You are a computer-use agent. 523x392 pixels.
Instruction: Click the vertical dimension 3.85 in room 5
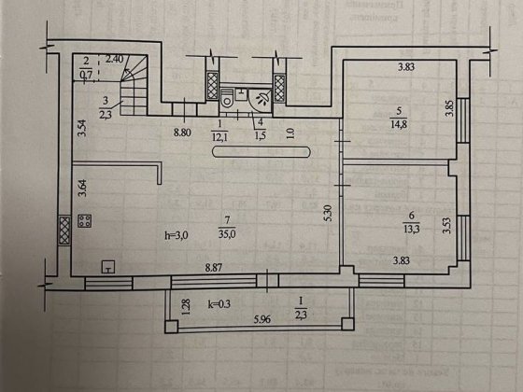[x=448, y=108]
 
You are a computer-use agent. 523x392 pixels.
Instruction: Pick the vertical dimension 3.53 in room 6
[x=447, y=227]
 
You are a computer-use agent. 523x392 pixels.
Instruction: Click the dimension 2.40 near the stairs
[x=116, y=59]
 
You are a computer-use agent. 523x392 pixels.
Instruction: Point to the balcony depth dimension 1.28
[x=186, y=304]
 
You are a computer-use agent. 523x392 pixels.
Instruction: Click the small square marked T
[x=108, y=264]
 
